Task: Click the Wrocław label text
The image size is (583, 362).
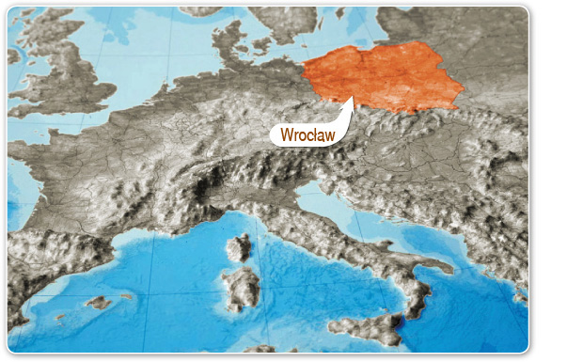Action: (307, 135)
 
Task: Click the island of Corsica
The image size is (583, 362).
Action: (239, 247)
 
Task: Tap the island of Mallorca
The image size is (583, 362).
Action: (98, 303)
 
